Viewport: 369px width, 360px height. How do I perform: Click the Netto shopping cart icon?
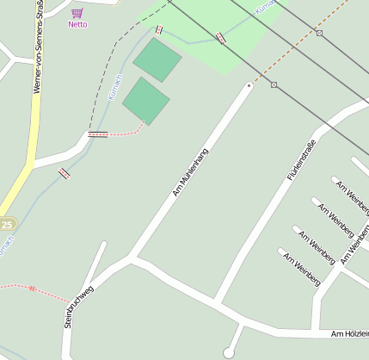click(77, 13)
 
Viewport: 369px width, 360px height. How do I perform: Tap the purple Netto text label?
click(77, 24)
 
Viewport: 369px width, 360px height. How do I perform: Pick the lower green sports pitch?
click(145, 100)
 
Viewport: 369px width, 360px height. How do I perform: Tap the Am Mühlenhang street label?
click(191, 171)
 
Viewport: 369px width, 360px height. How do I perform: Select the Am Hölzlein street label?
click(349, 333)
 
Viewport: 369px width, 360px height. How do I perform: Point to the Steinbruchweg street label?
click(78, 307)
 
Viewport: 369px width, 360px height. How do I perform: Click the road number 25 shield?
click(7, 224)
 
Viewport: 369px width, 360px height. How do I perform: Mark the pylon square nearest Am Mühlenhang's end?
click(274, 84)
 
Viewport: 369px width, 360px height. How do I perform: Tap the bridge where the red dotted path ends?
click(98, 134)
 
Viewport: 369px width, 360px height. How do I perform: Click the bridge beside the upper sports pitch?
click(158, 29)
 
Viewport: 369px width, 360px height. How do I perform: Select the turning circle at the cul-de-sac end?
click(229, 352)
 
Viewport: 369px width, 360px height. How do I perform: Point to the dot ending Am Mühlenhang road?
click(249, 85)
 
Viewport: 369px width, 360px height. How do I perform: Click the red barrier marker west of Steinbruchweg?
click(32, 288)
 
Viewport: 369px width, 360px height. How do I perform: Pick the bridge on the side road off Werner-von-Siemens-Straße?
click(63, 173)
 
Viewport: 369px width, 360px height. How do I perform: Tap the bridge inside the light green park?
click(222, 37)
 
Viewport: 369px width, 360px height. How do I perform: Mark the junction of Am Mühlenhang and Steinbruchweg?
click(130, 257)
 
